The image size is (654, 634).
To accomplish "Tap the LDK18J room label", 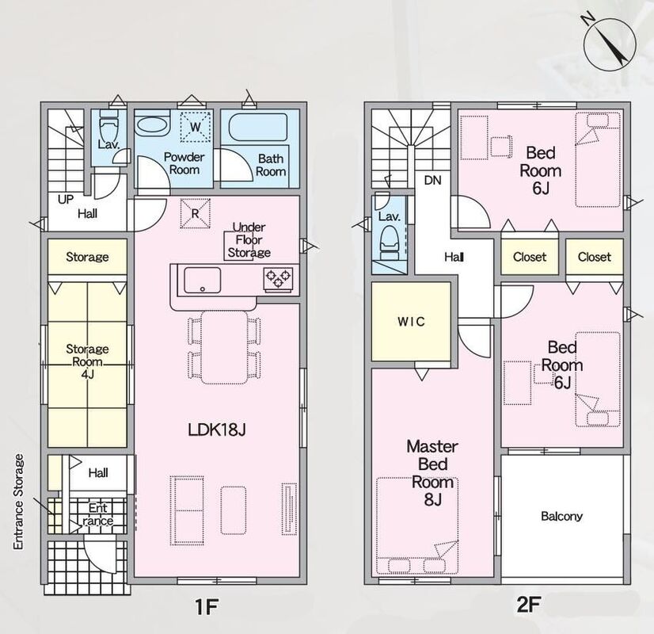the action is coord(216,429).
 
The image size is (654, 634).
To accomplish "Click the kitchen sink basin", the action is coord(202,281).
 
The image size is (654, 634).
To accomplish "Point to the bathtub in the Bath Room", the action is coord(258,127).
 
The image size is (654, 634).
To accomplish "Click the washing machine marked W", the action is coord(196,127).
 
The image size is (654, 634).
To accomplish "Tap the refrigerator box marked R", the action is coord(195,213).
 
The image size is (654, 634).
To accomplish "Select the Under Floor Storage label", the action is coord(249,239).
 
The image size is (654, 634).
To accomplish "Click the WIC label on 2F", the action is coord(411,322).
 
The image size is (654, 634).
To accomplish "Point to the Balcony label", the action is coord(561,516).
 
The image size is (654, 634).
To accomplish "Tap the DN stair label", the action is coord(432,181).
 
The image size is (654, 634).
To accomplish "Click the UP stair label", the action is coord(66,200).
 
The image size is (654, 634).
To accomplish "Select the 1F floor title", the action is coord(207,606).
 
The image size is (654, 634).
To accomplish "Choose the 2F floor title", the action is coord(529,604).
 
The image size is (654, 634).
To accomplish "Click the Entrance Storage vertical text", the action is coord(18,502).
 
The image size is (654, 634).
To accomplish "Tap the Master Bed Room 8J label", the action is coord(432,472).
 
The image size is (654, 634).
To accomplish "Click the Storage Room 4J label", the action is coord(87,361).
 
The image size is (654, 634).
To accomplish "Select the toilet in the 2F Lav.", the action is coord(389,240).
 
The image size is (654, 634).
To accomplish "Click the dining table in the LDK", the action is coord(224,347).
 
